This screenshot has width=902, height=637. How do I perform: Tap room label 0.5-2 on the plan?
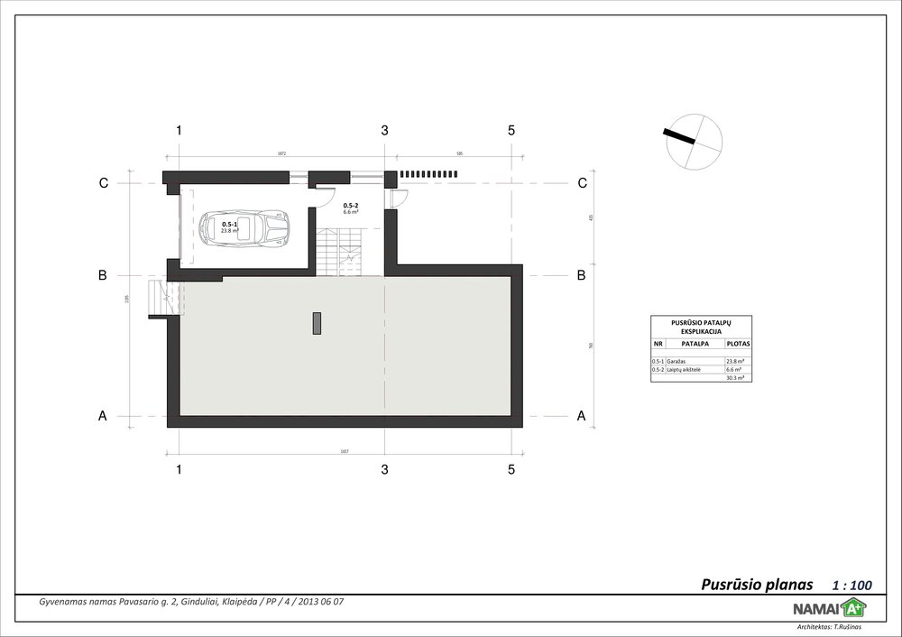coord(352,205)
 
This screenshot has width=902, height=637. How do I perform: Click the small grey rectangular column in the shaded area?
coord(317,322)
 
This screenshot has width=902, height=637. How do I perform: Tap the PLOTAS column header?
coord(737,344)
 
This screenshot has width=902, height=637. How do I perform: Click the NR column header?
coord(658,344)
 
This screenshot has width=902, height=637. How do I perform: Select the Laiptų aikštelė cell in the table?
coord(684,370)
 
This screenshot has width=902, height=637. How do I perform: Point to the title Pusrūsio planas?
coord(757,584)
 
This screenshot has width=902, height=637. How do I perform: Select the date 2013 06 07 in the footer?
coord(322,601)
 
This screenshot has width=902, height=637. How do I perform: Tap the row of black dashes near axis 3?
coord(429,173)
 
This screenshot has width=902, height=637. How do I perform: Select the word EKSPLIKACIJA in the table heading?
coord(701,331)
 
